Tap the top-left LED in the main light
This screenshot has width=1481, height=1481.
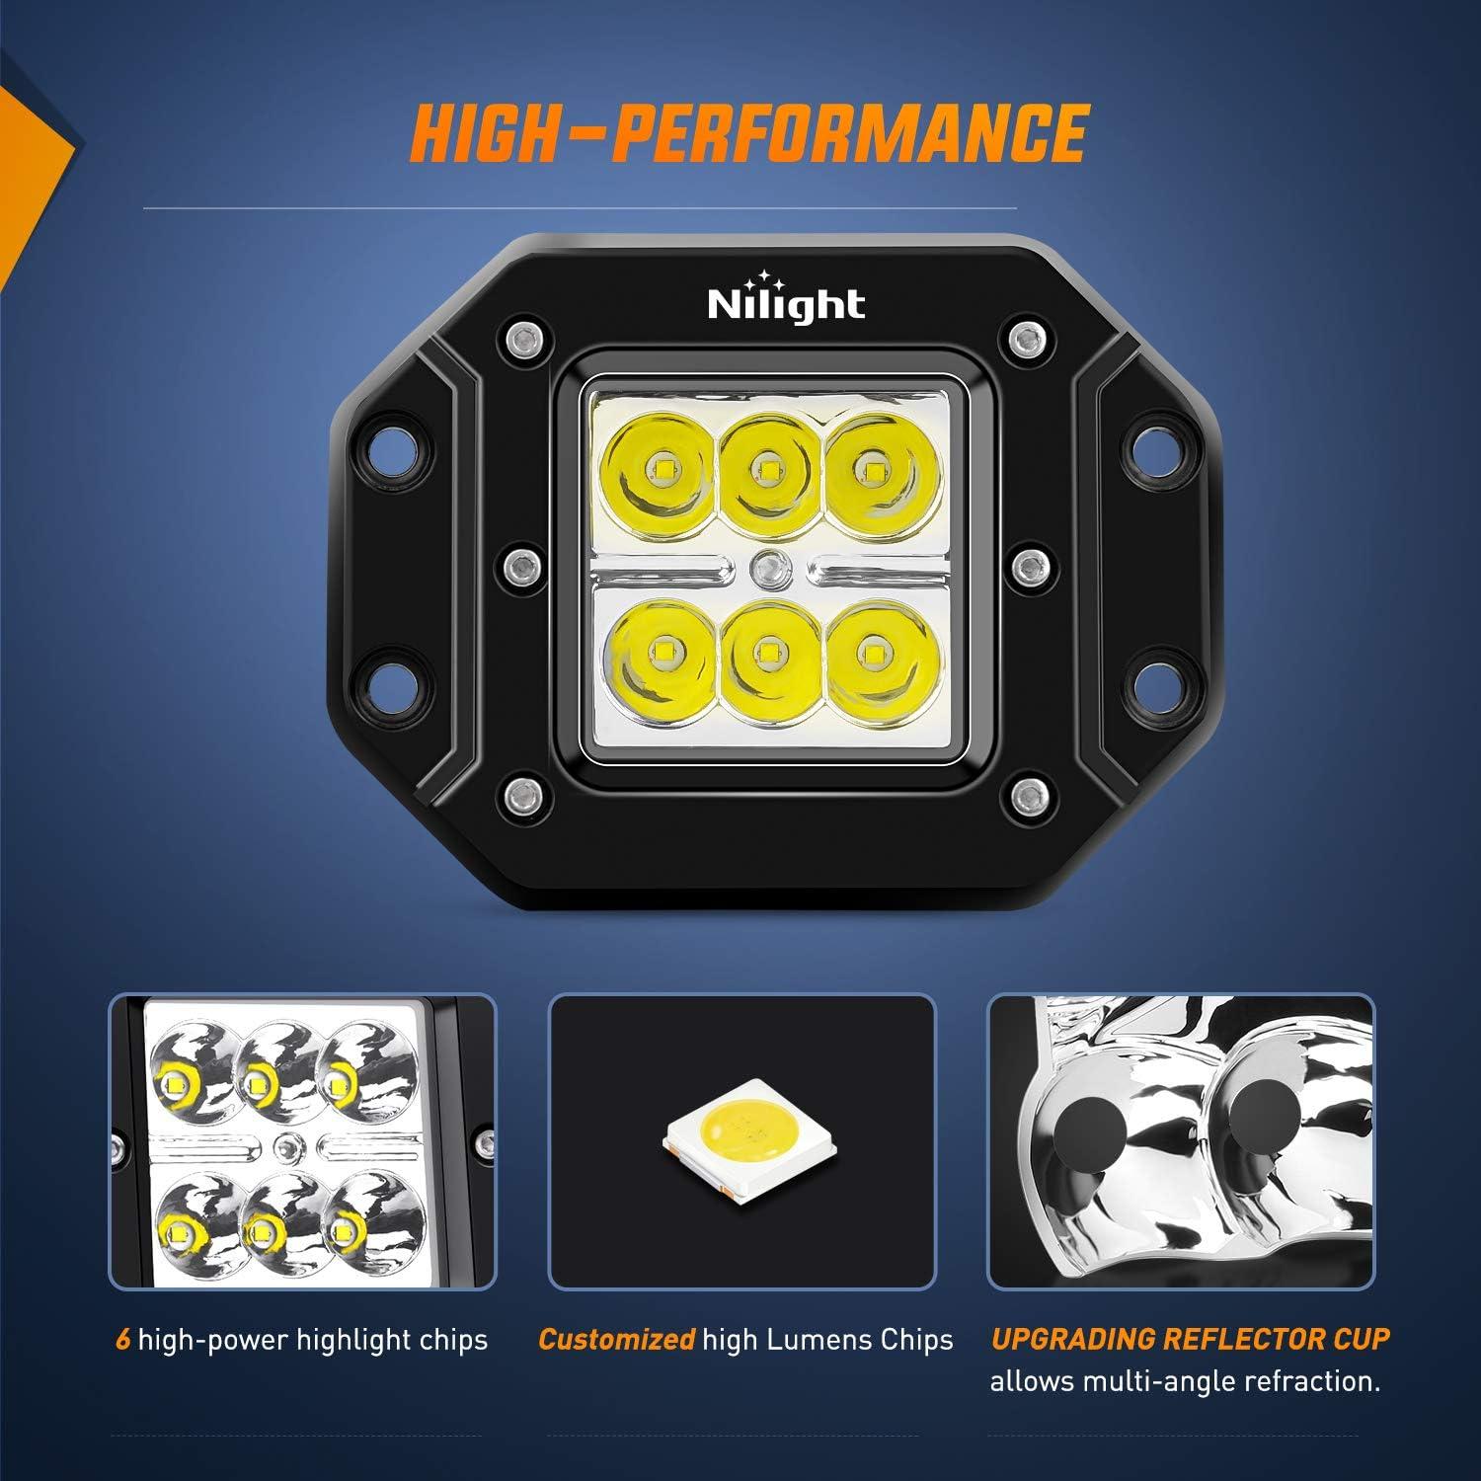[659, 466]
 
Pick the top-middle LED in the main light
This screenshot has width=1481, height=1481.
[764, 466]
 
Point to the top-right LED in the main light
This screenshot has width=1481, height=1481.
[870, 466]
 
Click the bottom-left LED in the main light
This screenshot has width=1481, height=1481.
[659, 650]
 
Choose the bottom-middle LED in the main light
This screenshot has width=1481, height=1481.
[764, 650]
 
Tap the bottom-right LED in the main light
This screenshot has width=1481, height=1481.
[870, 650]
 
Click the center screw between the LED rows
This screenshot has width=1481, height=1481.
[764, 566]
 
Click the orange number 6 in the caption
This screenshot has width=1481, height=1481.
[122, 1340]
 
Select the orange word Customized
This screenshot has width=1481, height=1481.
[616, 1340]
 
